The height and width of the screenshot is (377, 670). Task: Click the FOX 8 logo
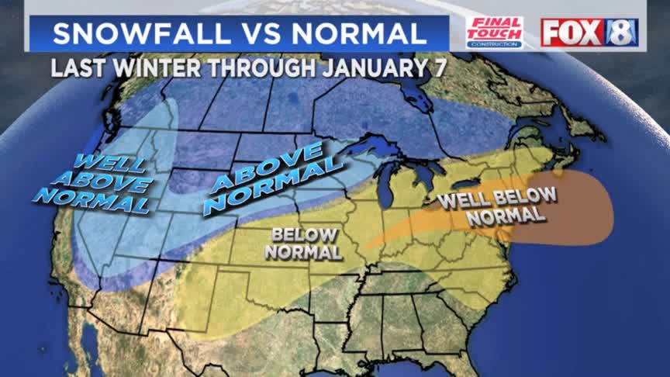point(589,32)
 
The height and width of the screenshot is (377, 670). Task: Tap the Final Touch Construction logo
point(494,32)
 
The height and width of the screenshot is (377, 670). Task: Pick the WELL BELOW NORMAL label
point(496,206)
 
